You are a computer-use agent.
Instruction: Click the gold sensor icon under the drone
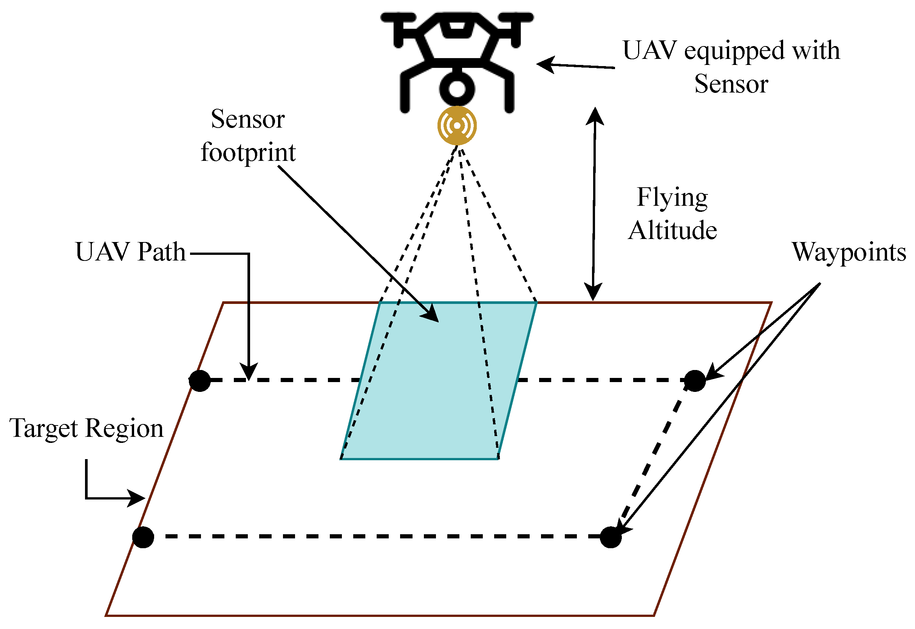(x=457, y=125)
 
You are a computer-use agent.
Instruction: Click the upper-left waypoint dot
(x=199, y=381)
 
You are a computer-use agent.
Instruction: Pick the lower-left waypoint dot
(x=143, y=537)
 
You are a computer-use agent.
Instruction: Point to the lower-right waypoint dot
(x=610, y=537)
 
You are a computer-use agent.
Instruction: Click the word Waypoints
(x=848, y=252)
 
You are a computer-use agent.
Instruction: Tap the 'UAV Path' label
(x=130, y=252)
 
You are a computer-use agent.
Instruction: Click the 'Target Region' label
(x=86, y=429)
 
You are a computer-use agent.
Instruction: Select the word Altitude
(x=672, y=231)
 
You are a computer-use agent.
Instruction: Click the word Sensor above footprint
(x=248, y=119)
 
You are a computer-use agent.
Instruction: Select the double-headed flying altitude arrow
(x=594, y=205)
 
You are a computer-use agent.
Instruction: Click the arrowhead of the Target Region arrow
(x=138, y=498)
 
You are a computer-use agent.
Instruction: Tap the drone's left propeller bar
(x=398, y=18)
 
